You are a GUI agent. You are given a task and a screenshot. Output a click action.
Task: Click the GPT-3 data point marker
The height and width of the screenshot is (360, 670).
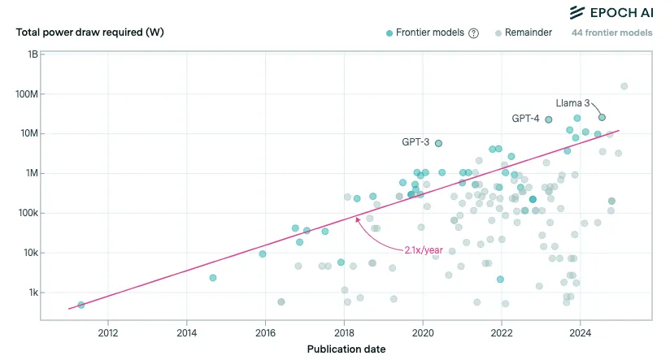tap(438, 143)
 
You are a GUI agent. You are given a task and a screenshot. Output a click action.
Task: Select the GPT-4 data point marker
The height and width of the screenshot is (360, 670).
tap(548, 119)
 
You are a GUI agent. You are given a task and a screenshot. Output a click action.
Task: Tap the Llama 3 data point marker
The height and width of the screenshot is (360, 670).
tap(602, 117)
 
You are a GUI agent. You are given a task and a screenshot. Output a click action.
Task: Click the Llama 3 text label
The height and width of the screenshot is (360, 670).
tap(572, 103)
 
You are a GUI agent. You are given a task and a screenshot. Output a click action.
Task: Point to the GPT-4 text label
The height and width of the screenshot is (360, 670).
tap(525, 119)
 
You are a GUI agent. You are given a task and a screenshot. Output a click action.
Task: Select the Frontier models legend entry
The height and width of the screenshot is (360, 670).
tap(424, 33)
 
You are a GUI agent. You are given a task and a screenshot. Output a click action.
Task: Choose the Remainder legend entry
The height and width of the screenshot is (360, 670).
tap(524, 33)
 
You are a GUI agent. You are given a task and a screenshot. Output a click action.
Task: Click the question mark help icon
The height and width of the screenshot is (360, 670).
tap(473, 33)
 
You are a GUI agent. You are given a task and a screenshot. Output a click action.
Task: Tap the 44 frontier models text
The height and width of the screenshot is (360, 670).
tap(611, 33)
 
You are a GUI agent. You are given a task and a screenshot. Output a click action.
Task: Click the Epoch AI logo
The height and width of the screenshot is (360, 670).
tap(611, 11)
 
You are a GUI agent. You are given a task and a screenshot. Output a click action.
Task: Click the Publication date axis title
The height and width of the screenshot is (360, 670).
tap(346, 349)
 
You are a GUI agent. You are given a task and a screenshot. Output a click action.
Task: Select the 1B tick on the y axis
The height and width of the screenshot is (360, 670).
tap(33, 54)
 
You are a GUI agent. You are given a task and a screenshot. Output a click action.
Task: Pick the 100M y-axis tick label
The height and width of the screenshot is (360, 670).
tap(28, 94)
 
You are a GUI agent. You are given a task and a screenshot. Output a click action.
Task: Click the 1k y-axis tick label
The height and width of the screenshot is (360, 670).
tap(33, 293)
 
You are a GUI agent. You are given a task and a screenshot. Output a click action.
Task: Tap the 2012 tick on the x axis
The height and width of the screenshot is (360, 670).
tap(108, 332)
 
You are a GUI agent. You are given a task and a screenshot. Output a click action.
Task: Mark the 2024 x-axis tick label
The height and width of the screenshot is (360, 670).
tap(580, 332)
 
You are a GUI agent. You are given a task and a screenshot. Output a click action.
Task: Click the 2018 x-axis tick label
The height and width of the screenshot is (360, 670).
tap(344, 332)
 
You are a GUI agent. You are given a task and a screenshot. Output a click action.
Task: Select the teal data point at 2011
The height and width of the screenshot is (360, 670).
tap(80, 305)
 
